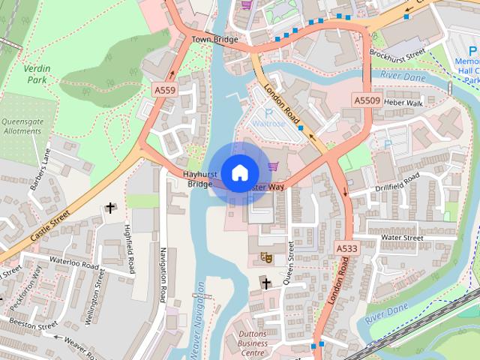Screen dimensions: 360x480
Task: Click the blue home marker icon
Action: (238, 172)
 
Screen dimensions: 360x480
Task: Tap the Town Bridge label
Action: (214, 39)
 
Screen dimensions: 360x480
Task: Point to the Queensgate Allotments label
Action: (22, 125)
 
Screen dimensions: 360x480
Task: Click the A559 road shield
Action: (165, 89)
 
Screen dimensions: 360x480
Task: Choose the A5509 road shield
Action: (367, 100)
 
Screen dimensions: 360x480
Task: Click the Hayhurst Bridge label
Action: (200, 178)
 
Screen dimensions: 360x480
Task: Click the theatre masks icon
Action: (265, 257)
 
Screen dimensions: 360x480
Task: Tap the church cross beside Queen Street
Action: (265, 283)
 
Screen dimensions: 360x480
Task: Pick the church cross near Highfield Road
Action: (111, 208)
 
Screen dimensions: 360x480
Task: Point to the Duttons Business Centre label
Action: (253, 343)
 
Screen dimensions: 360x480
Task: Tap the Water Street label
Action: (402, 238)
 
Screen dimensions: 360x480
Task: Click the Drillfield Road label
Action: (399, 181)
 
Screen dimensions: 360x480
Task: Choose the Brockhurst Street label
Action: (397, 55)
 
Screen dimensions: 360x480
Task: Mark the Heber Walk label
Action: (403, 102)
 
